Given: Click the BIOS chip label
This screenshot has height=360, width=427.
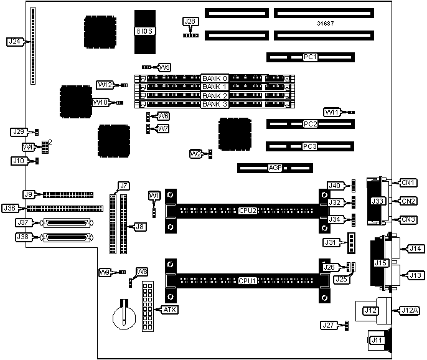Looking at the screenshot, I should [x=145, y=30].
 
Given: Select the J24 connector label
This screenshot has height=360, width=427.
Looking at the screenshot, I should [x=14, y=42].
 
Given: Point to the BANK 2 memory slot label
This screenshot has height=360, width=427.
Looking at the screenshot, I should [x=215, y=96].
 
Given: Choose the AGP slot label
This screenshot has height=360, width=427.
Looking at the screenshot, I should [x=275, y=168].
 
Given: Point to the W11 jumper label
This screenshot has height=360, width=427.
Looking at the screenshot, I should [x=331, y=112].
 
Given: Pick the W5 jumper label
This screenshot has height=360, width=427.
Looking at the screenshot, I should [x=164, y=67].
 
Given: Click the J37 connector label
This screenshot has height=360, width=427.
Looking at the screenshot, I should [x=23, y=222].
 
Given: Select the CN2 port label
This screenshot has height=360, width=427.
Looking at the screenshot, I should [x=408, y=201].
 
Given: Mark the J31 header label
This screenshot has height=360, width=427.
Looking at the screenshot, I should [x=330, y=242].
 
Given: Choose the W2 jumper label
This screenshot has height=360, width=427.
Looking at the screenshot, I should [x=195, y=153].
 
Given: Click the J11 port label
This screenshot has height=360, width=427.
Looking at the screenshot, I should [x=377, y=340].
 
